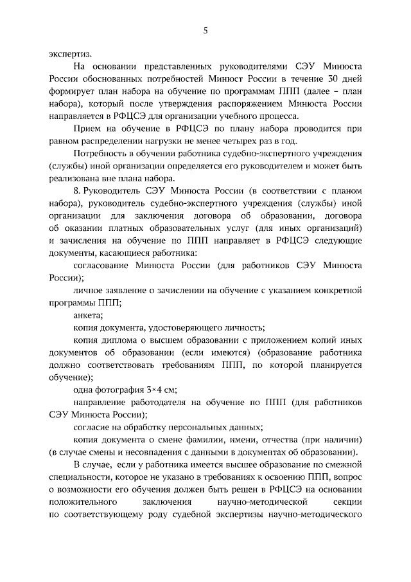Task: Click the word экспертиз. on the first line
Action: pos(69,54)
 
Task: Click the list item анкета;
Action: pos(88,314)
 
